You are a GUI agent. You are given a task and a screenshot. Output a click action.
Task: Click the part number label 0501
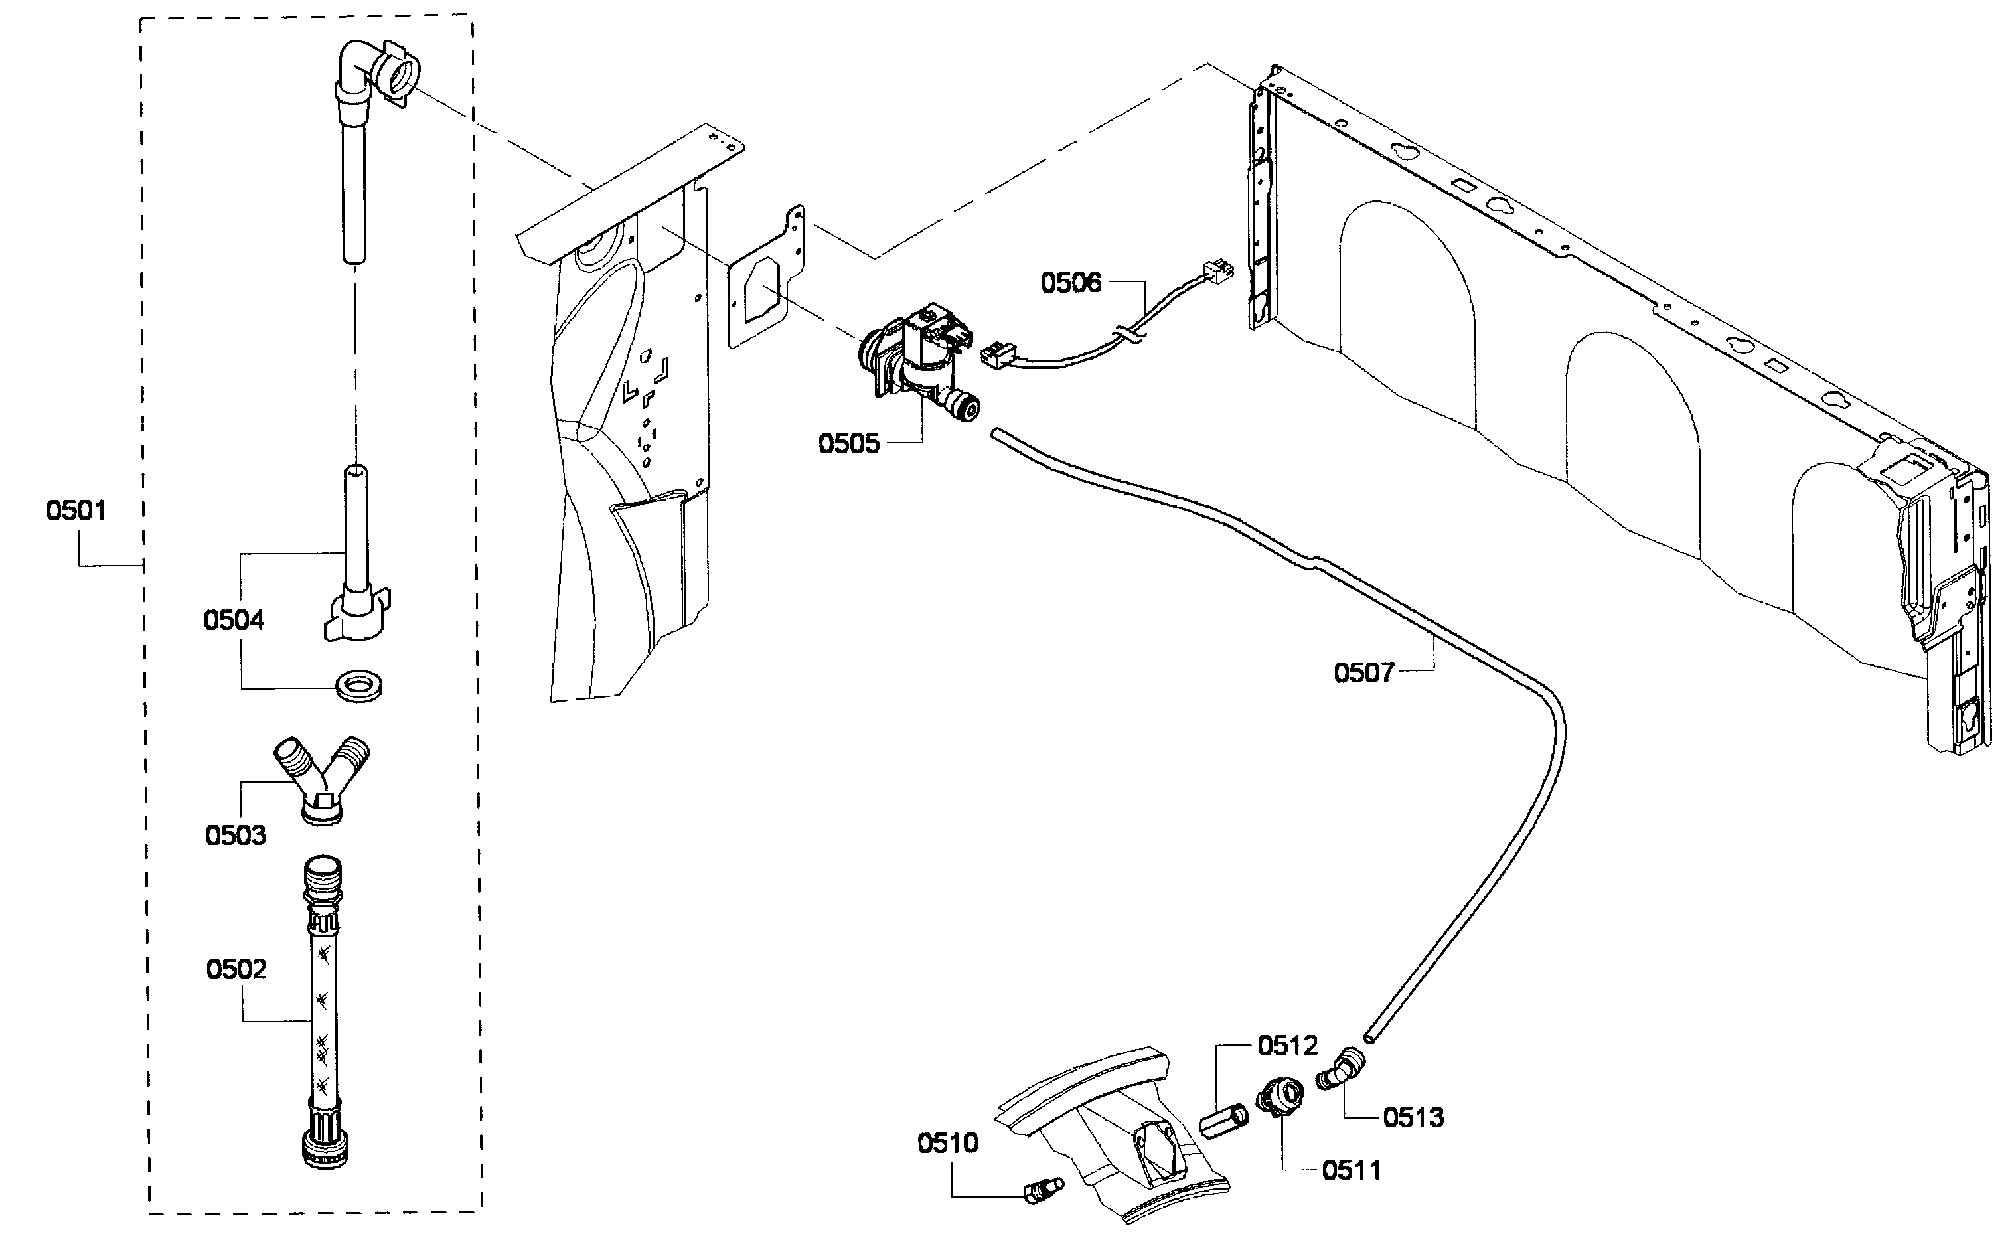coord(76,511)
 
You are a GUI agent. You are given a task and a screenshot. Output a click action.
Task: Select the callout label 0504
coord(234,620)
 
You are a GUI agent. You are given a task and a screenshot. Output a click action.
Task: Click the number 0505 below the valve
coord(848,444)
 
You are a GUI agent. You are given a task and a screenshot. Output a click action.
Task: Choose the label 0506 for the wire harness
coord(1070,283)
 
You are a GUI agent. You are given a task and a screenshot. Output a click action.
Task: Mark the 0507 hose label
coord(1363,672)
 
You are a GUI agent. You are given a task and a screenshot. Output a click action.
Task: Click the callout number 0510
coord(947,1143)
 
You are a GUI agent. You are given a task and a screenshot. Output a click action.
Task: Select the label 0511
coord(1351,1170)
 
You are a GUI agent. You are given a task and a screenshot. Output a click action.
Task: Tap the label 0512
coord(1287,1046)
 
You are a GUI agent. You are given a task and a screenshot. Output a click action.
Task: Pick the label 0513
coord(1413,1118)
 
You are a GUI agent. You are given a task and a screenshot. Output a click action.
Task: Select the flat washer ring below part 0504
coord(359,686)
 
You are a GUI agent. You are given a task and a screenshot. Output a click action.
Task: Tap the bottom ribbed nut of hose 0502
coord(325,1147)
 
